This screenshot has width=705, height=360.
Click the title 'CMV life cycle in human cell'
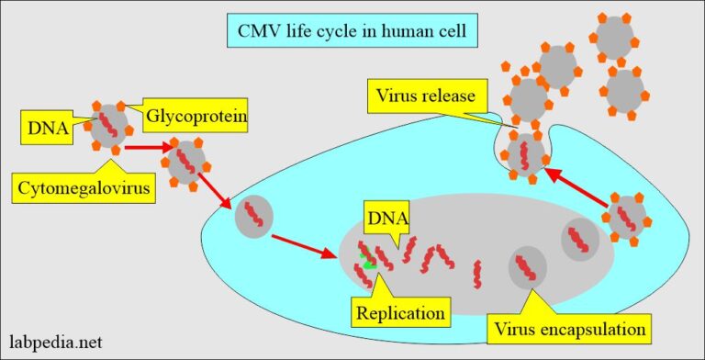pyautogui.click(x=352, y=33)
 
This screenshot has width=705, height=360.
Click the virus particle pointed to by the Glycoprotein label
pyautogui.click(x=110, y=128)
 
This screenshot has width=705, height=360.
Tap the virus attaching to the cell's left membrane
pyautogui.click(x=187, y=162)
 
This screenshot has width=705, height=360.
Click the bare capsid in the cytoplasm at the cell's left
pyautogui.click(x=254, y=219)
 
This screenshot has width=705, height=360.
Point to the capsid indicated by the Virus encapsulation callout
pyautogui.click(x=527, y=265)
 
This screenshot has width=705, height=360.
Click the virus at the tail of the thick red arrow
pyautogui.click(x=627, y=218)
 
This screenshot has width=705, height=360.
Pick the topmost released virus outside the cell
pyautogui.click(x=614, y=37)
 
